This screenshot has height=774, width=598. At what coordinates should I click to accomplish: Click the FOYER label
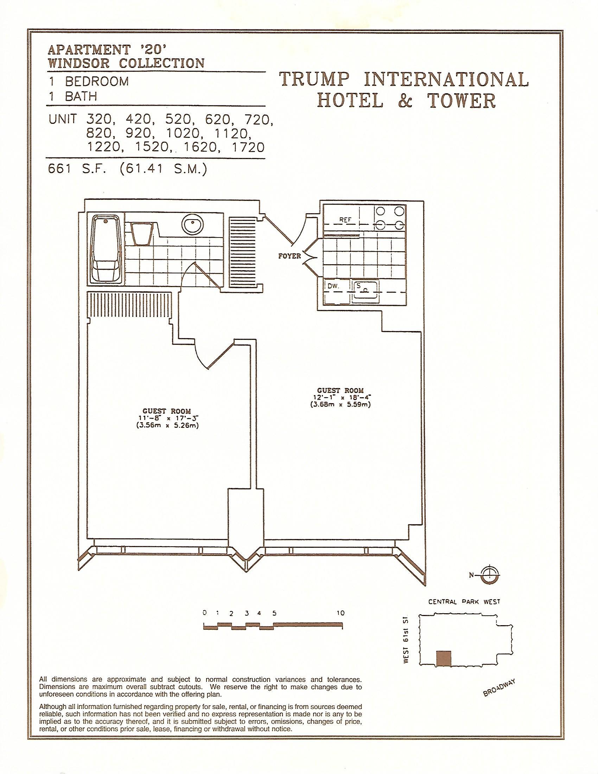pos(290,255)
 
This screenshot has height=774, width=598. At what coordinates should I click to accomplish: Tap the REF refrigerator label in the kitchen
pos(345,220)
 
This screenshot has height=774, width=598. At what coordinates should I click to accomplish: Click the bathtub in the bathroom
pos(106,250)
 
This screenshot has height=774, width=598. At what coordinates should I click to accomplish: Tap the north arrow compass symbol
pos(491,575)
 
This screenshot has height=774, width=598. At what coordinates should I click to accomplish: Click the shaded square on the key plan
pos(444,668)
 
